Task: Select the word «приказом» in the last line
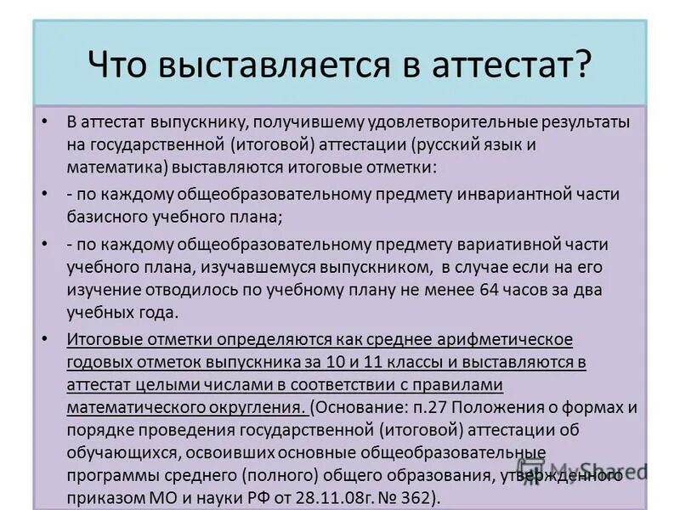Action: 101,496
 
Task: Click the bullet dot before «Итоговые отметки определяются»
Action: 44,340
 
